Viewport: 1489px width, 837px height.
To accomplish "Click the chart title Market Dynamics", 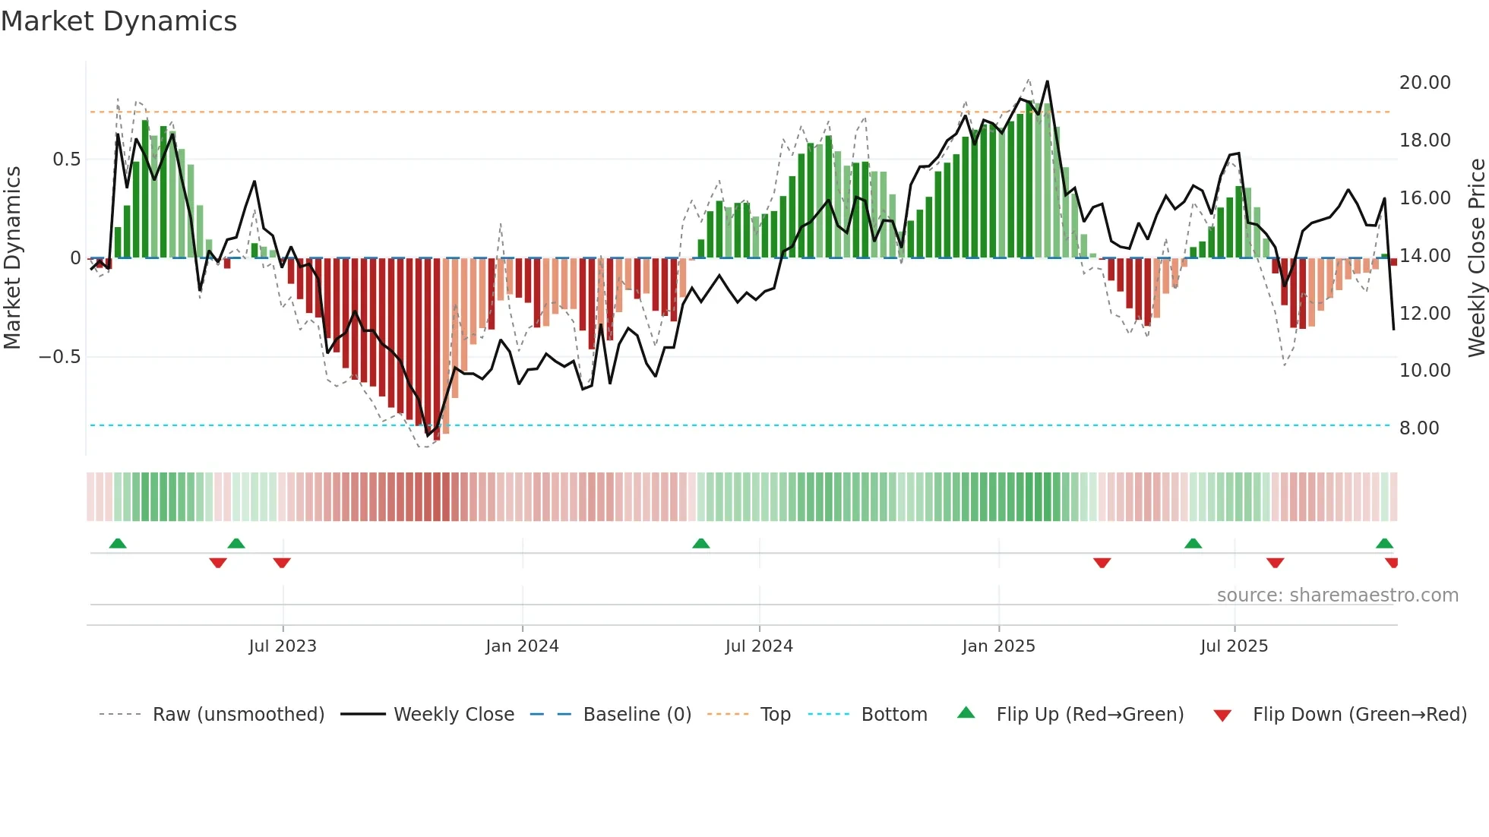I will coord(119,21).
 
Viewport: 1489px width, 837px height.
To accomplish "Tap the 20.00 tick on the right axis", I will coord(1424,83).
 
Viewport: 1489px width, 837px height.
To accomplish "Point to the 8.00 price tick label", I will coord(1418,428).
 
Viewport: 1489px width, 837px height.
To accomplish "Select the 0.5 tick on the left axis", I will coord(66,160).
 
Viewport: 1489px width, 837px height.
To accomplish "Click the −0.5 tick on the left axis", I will coord(59,357).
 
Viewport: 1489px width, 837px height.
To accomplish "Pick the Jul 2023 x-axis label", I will coord(282,646).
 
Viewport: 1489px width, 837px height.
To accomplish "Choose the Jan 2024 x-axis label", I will coord(522,646).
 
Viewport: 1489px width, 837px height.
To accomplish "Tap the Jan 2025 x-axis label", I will coord(997,646).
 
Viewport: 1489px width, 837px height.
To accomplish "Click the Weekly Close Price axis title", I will coord(1476,257).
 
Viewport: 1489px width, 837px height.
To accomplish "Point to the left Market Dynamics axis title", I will coord(12,257).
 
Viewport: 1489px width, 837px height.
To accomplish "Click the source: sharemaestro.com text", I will coord(1337,595).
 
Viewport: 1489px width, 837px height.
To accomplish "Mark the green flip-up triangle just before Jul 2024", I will coord(700,544).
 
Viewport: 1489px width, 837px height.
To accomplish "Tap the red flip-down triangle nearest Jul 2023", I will coord(282,563).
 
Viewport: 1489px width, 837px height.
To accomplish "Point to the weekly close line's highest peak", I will coord(1047,81).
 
